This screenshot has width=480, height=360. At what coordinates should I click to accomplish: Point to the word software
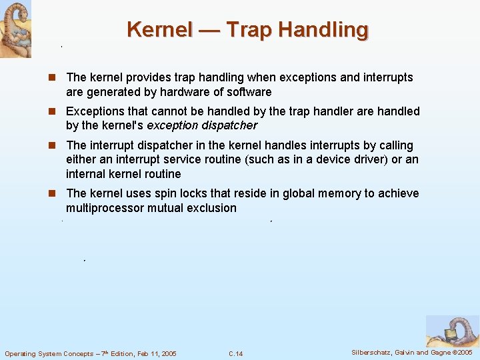point(248,92)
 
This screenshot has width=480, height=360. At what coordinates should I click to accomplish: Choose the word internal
point(87,174)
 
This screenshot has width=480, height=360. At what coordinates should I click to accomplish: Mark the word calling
point(394,145)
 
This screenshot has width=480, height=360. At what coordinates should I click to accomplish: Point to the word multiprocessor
point(101,208)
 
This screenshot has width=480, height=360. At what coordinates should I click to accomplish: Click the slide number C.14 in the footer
point(235,353)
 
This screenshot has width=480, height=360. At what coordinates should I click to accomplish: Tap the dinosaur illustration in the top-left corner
point(15,29)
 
